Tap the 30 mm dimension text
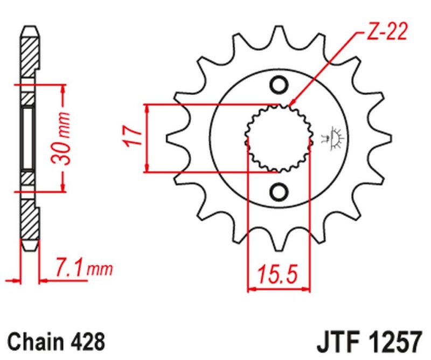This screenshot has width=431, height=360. click(x=64, y=138)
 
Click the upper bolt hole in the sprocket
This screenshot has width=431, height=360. click(x=279, y=85)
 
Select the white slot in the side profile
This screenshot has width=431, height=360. click(x=27, y=138)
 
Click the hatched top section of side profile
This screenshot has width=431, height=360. click(x=30, y=54)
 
